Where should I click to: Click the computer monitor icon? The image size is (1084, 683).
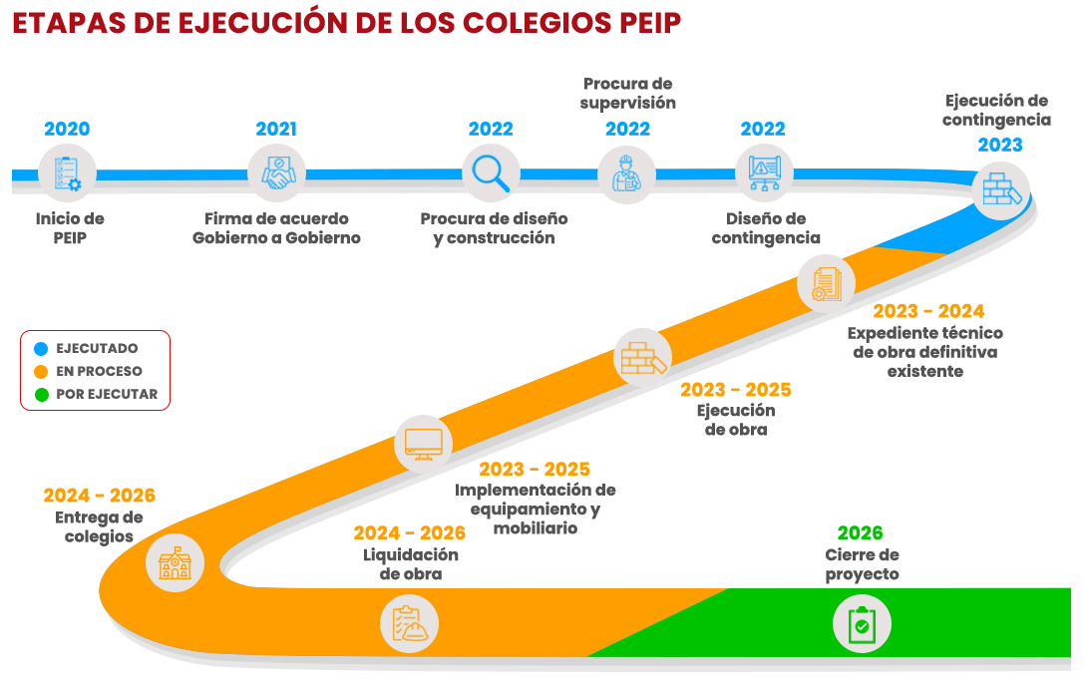click(x=424, y=443)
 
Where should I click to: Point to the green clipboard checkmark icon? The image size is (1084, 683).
click(x=862, y=625)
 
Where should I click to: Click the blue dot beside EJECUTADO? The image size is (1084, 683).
click(x=41, y=349)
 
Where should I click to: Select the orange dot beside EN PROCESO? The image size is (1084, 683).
click(x=41, y=372)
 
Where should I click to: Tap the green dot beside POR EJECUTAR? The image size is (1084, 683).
click(x=41, y=395)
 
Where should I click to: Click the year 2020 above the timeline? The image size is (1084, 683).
click(x=67, y=129)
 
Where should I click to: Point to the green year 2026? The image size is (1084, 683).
click(x=860, y=533)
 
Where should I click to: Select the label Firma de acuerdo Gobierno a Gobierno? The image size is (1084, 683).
click(x=276, y=228)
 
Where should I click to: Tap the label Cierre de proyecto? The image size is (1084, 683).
click(x=862, y=565)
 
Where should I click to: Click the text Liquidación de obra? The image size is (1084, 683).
click(x=410, y=564)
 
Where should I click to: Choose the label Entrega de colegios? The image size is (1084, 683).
click(x=99, y=526)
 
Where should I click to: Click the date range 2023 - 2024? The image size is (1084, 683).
click(x=928, y=311)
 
